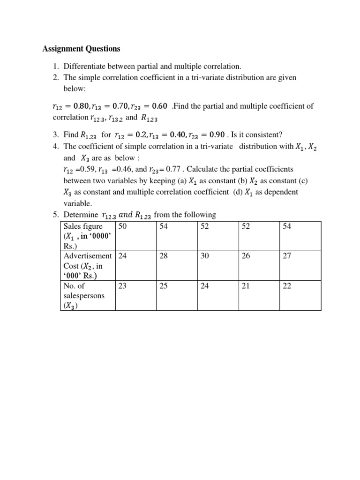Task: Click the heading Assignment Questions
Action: pyautogui.click(x=81, y=49)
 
